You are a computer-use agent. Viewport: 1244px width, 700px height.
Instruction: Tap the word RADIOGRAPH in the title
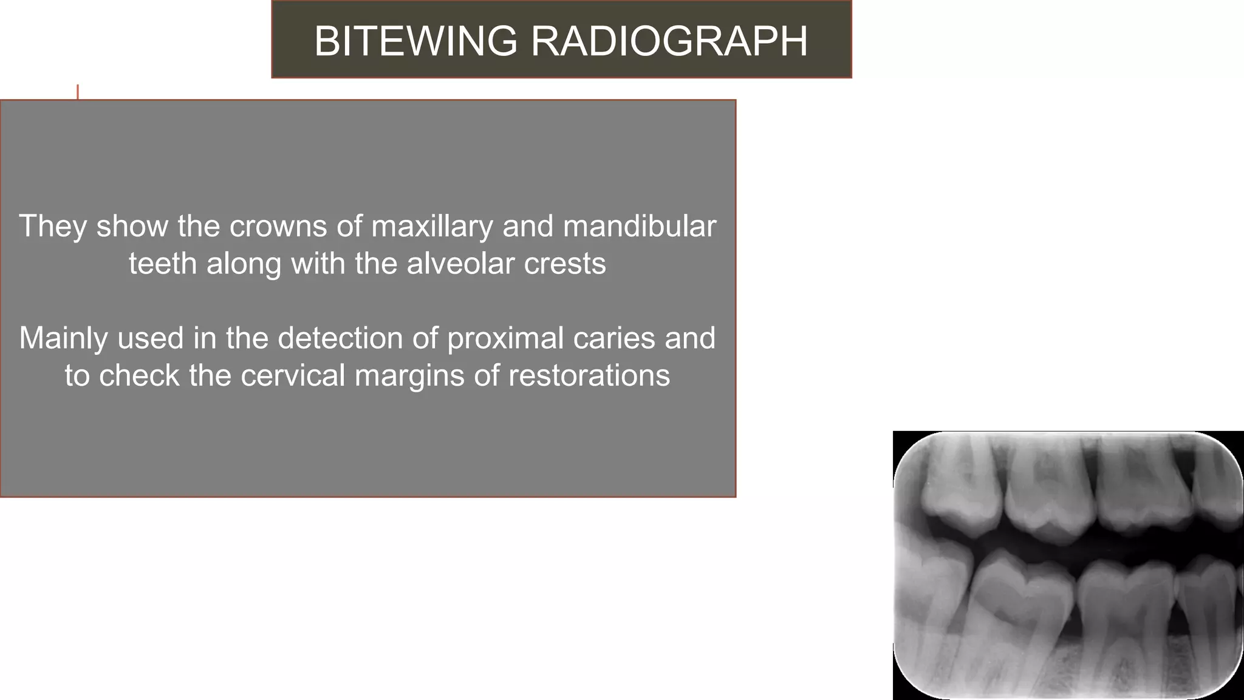coord(669,41)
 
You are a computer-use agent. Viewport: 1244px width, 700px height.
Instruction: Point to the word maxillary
coord(432,226)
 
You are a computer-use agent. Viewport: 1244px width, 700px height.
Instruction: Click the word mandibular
coord(640,226)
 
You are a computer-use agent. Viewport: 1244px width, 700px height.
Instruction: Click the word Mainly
coord(64,338)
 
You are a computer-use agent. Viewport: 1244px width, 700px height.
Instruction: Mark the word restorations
coord(589,376)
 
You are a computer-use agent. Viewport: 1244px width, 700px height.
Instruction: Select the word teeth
coord(162,264)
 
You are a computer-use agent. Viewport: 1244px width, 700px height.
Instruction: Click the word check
coord(139,376)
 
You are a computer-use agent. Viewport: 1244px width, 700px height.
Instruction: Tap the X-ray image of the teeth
coord(1068,565)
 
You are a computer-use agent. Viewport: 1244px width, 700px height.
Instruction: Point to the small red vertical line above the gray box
coord(78,92)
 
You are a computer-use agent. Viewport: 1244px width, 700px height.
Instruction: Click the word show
coord(132,226)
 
